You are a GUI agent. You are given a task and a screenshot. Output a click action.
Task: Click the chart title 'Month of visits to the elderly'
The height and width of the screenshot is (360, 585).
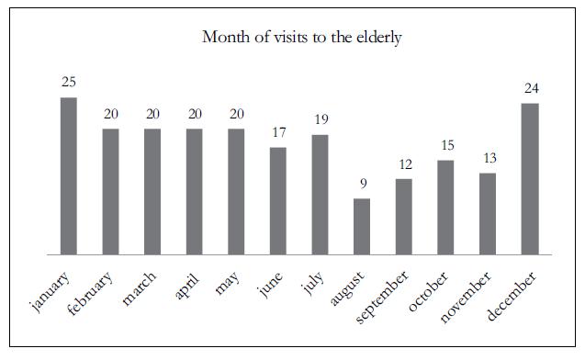(293, 39)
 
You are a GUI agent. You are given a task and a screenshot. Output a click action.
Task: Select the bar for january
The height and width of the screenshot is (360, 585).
(69, 175)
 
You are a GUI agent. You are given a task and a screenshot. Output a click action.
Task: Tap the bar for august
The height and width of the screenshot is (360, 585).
(362, 226)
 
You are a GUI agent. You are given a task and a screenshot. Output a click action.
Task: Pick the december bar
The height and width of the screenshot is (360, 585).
(529, 178)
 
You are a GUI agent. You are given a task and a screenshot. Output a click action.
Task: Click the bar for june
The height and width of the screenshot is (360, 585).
(277, 200)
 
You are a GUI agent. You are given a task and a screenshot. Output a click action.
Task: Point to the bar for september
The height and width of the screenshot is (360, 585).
(403, 217)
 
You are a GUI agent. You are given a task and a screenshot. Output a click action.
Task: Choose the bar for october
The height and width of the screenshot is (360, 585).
(445, 208)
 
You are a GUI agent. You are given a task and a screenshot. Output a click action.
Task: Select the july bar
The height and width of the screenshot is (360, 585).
(320, 194)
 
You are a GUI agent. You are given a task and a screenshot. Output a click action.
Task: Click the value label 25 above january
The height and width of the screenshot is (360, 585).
(69, 83)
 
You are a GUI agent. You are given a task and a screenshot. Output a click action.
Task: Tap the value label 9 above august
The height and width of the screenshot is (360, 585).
(362, 184)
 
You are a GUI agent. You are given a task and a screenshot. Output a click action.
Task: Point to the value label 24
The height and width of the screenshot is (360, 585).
(529, 89)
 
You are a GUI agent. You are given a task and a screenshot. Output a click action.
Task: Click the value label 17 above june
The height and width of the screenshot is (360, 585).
(277, 133)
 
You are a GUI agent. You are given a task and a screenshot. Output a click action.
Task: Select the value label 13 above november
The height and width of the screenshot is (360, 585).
(488, 158)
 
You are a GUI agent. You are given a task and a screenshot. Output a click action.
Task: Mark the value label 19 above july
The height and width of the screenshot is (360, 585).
(320, 120)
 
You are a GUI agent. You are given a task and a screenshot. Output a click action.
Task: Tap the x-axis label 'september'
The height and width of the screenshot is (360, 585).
(380, 299)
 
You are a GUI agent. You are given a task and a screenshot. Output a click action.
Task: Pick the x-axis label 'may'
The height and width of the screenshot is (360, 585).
(225, 284)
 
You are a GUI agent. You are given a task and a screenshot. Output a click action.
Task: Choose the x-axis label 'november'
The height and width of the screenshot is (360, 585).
(466, 298)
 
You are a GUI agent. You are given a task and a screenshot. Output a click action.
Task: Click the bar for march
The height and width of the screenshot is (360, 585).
(152, 191)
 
